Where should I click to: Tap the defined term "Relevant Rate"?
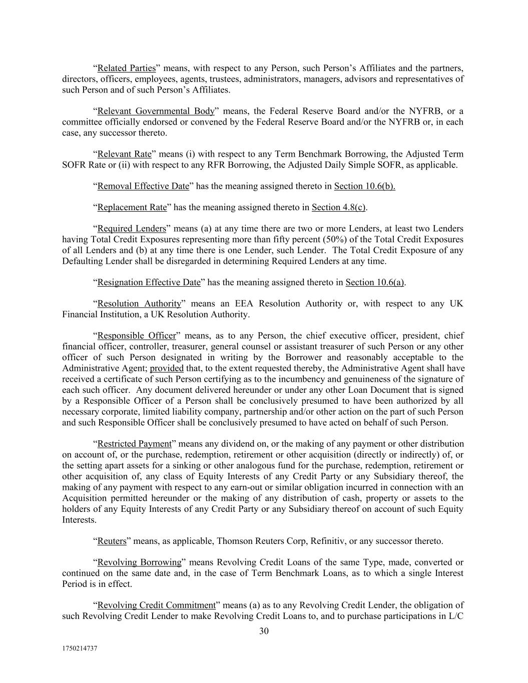click(124, 154)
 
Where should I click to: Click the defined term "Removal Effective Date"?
click(143, 186)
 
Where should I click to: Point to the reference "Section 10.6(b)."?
click(364, 186)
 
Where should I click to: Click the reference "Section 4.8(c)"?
click(338, 207)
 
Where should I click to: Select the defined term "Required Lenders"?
click(131, 229)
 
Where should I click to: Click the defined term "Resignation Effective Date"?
click(149, 282)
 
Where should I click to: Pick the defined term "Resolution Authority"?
click(139, 304)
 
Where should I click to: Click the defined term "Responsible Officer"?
click(137, 336)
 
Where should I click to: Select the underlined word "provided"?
click(167, 368)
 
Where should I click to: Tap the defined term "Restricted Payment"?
click(134, 444)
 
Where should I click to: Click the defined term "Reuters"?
click(112, 541)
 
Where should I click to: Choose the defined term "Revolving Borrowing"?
click(139, 562)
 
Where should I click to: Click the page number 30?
click(264, 631)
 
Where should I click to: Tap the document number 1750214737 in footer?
click(80, 648)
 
